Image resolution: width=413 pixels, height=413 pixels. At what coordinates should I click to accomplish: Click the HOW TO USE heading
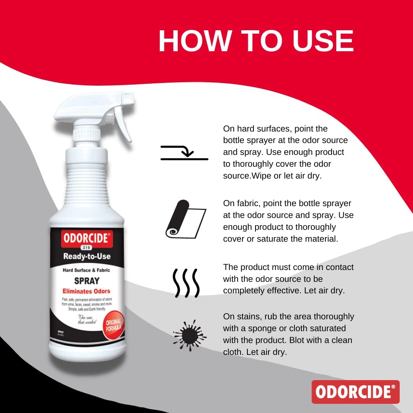tap(256, 41)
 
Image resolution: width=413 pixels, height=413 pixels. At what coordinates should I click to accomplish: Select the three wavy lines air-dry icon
tap(185, 283)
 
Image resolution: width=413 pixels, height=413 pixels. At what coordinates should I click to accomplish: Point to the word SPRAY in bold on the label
tap(87, 281)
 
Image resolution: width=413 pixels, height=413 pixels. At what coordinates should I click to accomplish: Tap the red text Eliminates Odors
tap(86, 291)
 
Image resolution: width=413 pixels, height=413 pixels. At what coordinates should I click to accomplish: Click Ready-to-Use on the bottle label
tap(87, 256)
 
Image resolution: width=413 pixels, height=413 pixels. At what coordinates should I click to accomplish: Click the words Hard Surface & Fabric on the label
tap(86, 270)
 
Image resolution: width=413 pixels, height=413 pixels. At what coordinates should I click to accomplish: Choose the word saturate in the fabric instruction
tap(285, 239)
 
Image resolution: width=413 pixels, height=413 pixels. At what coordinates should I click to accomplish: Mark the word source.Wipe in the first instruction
tap(248, 176)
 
